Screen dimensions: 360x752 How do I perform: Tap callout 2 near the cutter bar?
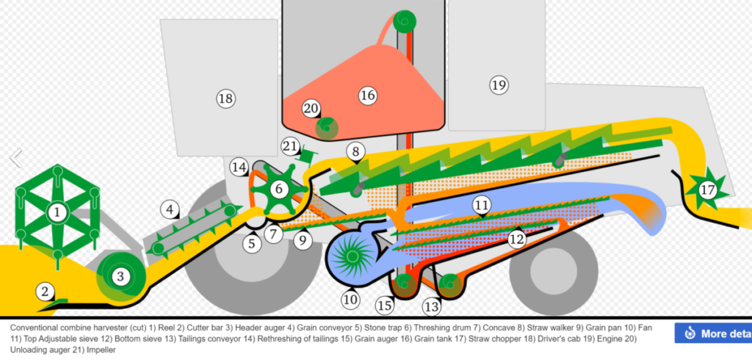(x=46, y=292)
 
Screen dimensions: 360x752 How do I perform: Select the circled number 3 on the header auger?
(x=120, y=277)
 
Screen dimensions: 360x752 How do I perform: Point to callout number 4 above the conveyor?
(x=170, y=210)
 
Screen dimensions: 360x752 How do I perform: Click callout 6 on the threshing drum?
(x=278, y=189)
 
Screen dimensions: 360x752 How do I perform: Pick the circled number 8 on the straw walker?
(x=355, y=152)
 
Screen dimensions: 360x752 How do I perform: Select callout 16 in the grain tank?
(x=367, y=95)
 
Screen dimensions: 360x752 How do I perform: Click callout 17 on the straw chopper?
(x=707, y=190)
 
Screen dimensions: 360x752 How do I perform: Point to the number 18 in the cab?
(x=225, y=98)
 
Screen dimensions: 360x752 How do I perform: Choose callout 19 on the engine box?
(x=499, y=85)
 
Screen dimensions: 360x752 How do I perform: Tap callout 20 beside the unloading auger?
(x=311, y=108)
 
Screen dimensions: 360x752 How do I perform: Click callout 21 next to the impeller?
(x=290, y=145)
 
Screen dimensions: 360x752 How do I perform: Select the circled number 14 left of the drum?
(x=239, y=167)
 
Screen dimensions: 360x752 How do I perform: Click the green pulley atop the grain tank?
(x=403, y=20)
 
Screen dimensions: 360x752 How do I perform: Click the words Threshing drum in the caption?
(x=439, y=327)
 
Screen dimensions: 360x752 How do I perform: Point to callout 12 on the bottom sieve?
(x=517, y=238)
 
